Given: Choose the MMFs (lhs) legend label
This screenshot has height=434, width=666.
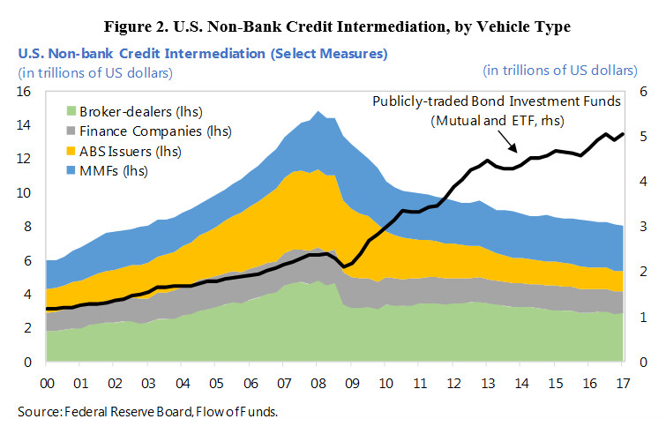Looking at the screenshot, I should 109,170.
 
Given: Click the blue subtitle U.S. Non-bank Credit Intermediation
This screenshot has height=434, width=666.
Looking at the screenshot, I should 202,54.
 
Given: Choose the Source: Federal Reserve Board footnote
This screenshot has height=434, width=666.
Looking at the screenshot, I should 148,411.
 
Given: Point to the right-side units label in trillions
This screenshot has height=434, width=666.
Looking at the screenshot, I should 560,70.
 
